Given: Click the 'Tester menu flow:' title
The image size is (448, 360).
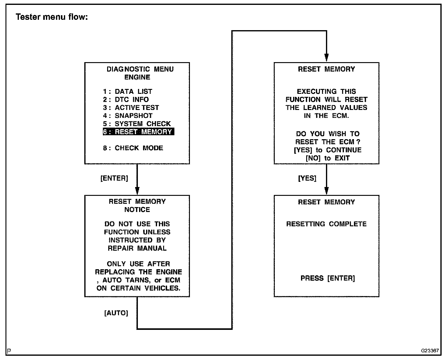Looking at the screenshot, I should [x=52, y=17].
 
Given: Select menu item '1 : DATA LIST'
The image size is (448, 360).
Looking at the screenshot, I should [x=128, y=91].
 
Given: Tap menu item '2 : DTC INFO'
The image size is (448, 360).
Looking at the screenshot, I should [x=126, y=100].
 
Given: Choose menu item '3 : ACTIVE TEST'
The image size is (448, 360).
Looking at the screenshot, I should [x=131, y=108].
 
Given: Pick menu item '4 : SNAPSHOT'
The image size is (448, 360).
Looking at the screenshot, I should [x=128, y=116].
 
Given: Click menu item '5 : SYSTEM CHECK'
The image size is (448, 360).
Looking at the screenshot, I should [x=137, y=124].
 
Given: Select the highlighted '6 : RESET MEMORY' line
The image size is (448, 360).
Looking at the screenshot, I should [x=138, y=132].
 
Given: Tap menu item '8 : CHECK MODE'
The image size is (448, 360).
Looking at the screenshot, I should [x=133, y=148].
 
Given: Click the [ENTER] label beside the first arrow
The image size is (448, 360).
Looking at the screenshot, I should [x=114, y=178].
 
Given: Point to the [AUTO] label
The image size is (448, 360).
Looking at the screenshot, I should [x=116, y=313].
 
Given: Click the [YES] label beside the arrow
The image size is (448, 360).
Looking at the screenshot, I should [x=307, y=178].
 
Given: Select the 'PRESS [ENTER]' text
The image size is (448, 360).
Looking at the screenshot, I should [x=327, y=278].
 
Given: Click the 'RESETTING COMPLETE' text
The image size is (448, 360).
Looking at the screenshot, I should [x=326, y=224].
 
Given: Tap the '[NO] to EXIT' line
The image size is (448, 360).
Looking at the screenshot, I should [x=327, y=158].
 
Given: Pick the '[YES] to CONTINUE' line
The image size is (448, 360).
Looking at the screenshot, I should [x=327, y=150].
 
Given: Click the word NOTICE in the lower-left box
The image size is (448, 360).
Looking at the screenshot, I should [x=137, y=210].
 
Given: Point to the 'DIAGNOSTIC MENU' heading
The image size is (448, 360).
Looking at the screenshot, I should [x=140, y=69].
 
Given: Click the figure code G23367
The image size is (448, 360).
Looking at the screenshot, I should [x=430, y=351].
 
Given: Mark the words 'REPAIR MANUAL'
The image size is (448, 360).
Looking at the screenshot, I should [x=137, y=248].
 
